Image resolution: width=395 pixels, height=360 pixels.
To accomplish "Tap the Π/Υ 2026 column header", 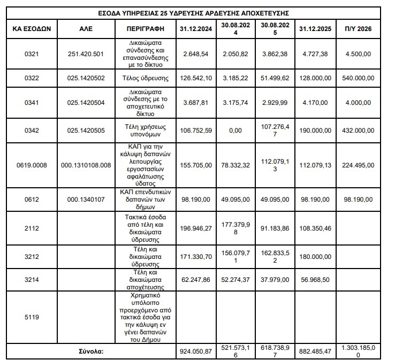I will (x=358, y=28).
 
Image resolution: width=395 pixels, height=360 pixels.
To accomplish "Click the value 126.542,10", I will (x=197, y=78).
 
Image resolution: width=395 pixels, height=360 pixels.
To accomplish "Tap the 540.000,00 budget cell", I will (x=358, y=78).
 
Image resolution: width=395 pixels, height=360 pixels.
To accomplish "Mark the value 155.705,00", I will (x=197, y=165).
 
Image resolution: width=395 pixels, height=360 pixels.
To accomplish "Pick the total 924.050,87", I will (x=197, y=351).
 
